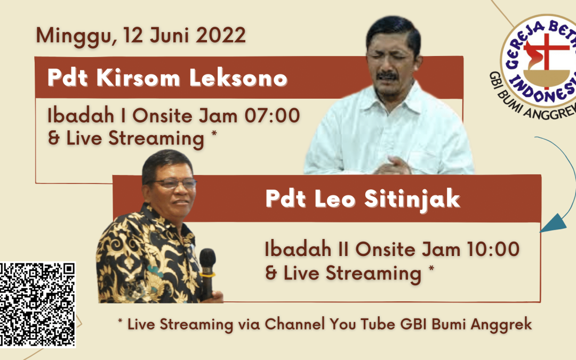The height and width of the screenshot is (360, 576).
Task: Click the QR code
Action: point(37,304)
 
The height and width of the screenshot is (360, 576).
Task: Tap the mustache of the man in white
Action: point(388,76)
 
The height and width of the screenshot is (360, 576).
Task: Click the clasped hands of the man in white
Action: point(393,166)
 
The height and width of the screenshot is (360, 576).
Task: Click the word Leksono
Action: point(238,78)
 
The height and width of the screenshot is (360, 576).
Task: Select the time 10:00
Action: point(493,249)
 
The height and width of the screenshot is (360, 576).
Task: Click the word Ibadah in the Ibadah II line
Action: point(298,249)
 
